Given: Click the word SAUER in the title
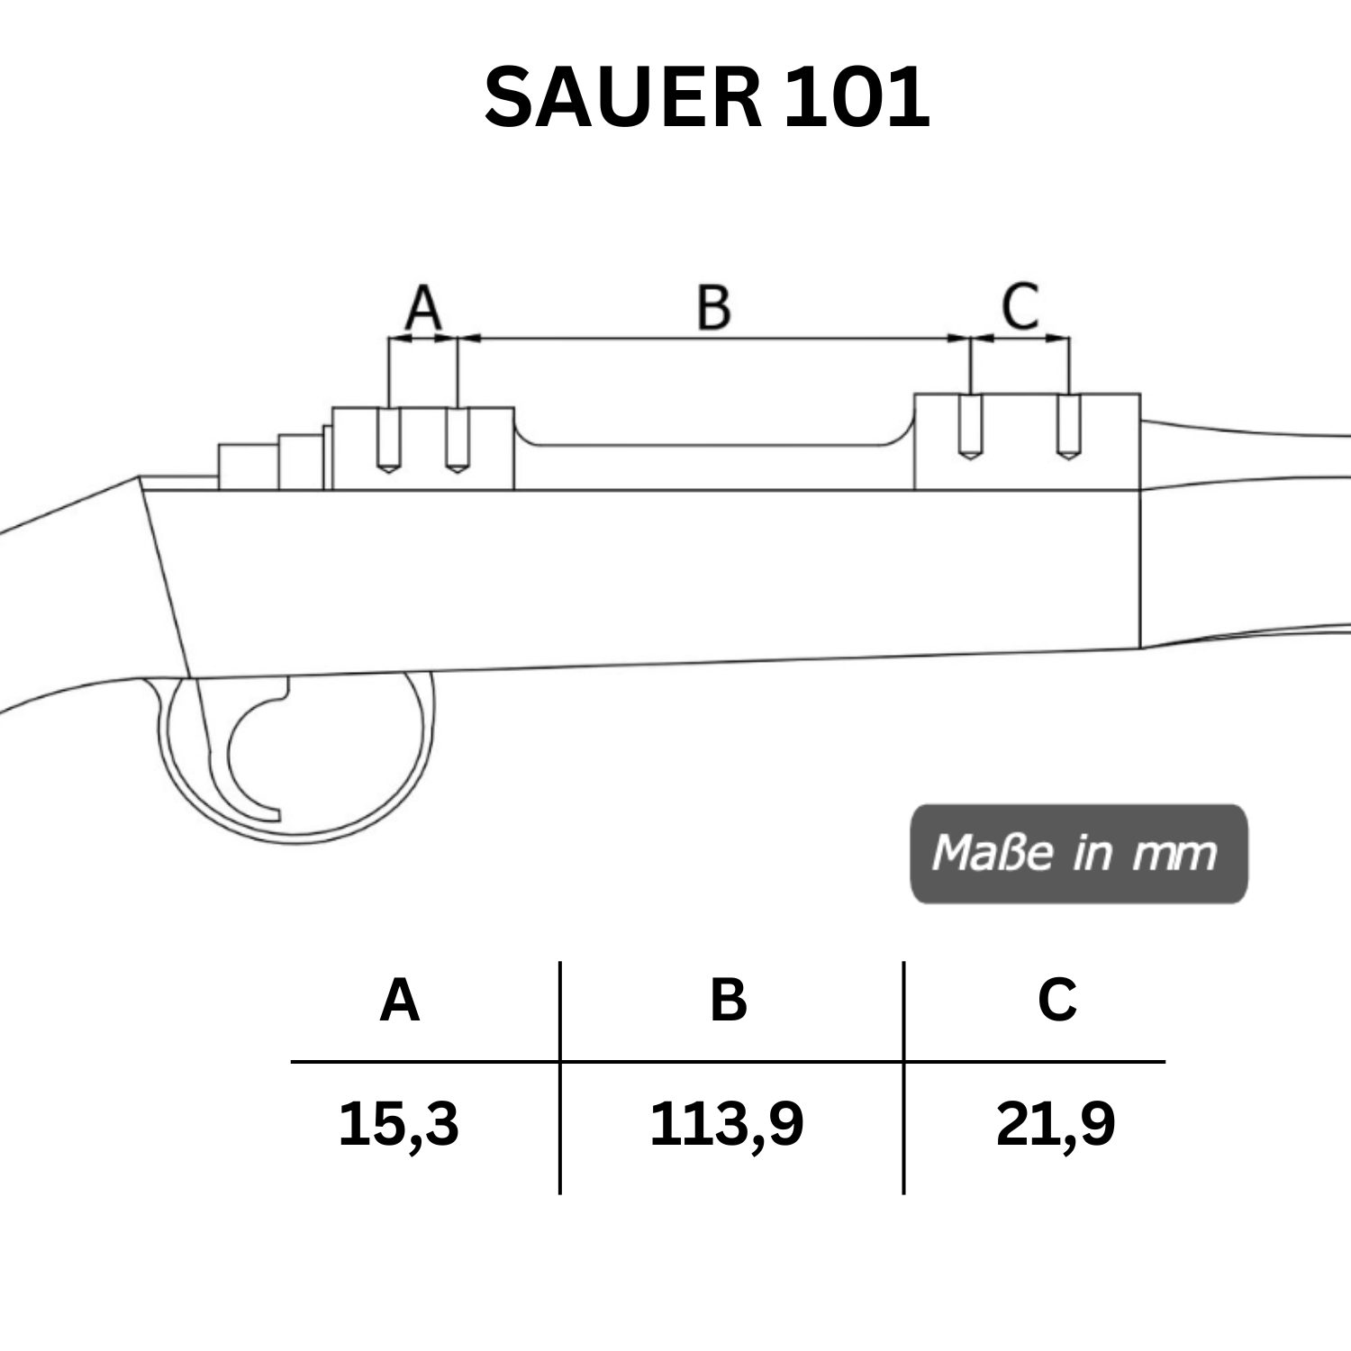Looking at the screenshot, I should (622, 97).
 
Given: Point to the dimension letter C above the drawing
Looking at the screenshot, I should (1020, 306).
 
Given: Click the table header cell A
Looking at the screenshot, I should (400, 1000).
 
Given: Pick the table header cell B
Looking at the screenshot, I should (729, 1000).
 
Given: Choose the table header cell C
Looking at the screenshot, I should (1057, 1000).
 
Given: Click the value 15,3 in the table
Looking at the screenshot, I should (398, 1124).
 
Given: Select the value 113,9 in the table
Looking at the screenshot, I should (726, 1124).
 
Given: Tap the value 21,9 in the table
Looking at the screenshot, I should (1056, 1124).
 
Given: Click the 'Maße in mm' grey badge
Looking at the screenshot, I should (1078, 853).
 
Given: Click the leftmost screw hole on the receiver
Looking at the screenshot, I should (388, 440).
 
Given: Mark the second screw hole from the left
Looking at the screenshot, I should (458, 440).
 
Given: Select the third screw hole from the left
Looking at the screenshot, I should (969, 428).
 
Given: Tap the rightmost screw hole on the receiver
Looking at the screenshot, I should (1068, 428).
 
